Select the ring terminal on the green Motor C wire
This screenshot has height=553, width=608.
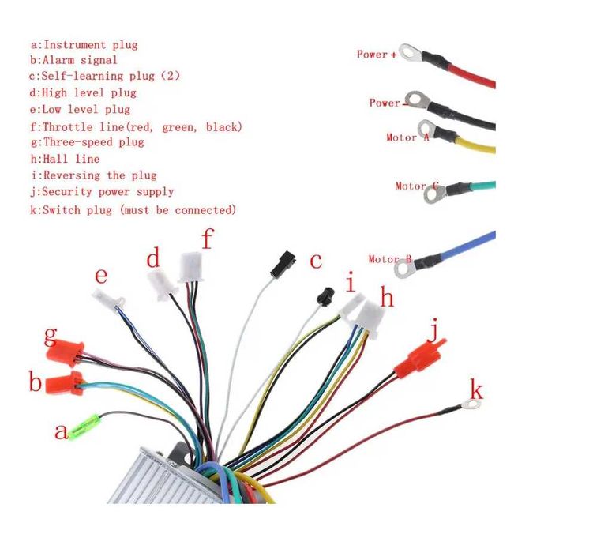(433, 191)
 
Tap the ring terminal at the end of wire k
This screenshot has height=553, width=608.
(471, 405)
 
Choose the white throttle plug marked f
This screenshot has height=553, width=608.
(191, 266)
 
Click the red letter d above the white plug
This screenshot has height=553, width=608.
(154, 258)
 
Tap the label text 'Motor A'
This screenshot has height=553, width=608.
(407, 137)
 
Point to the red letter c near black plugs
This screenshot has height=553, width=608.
(316, 261)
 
